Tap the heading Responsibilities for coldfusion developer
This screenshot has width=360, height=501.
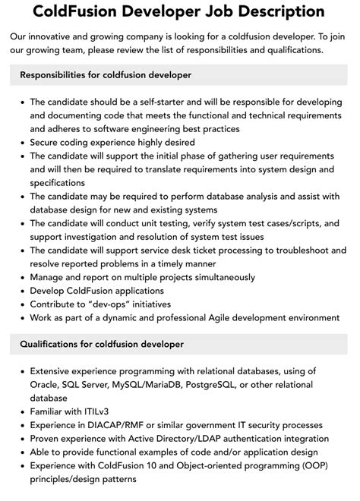click(x=106, y=75)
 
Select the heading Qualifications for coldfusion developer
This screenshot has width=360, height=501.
click(x=102, y=344)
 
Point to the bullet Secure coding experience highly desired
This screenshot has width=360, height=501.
click(x=112, y=142)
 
